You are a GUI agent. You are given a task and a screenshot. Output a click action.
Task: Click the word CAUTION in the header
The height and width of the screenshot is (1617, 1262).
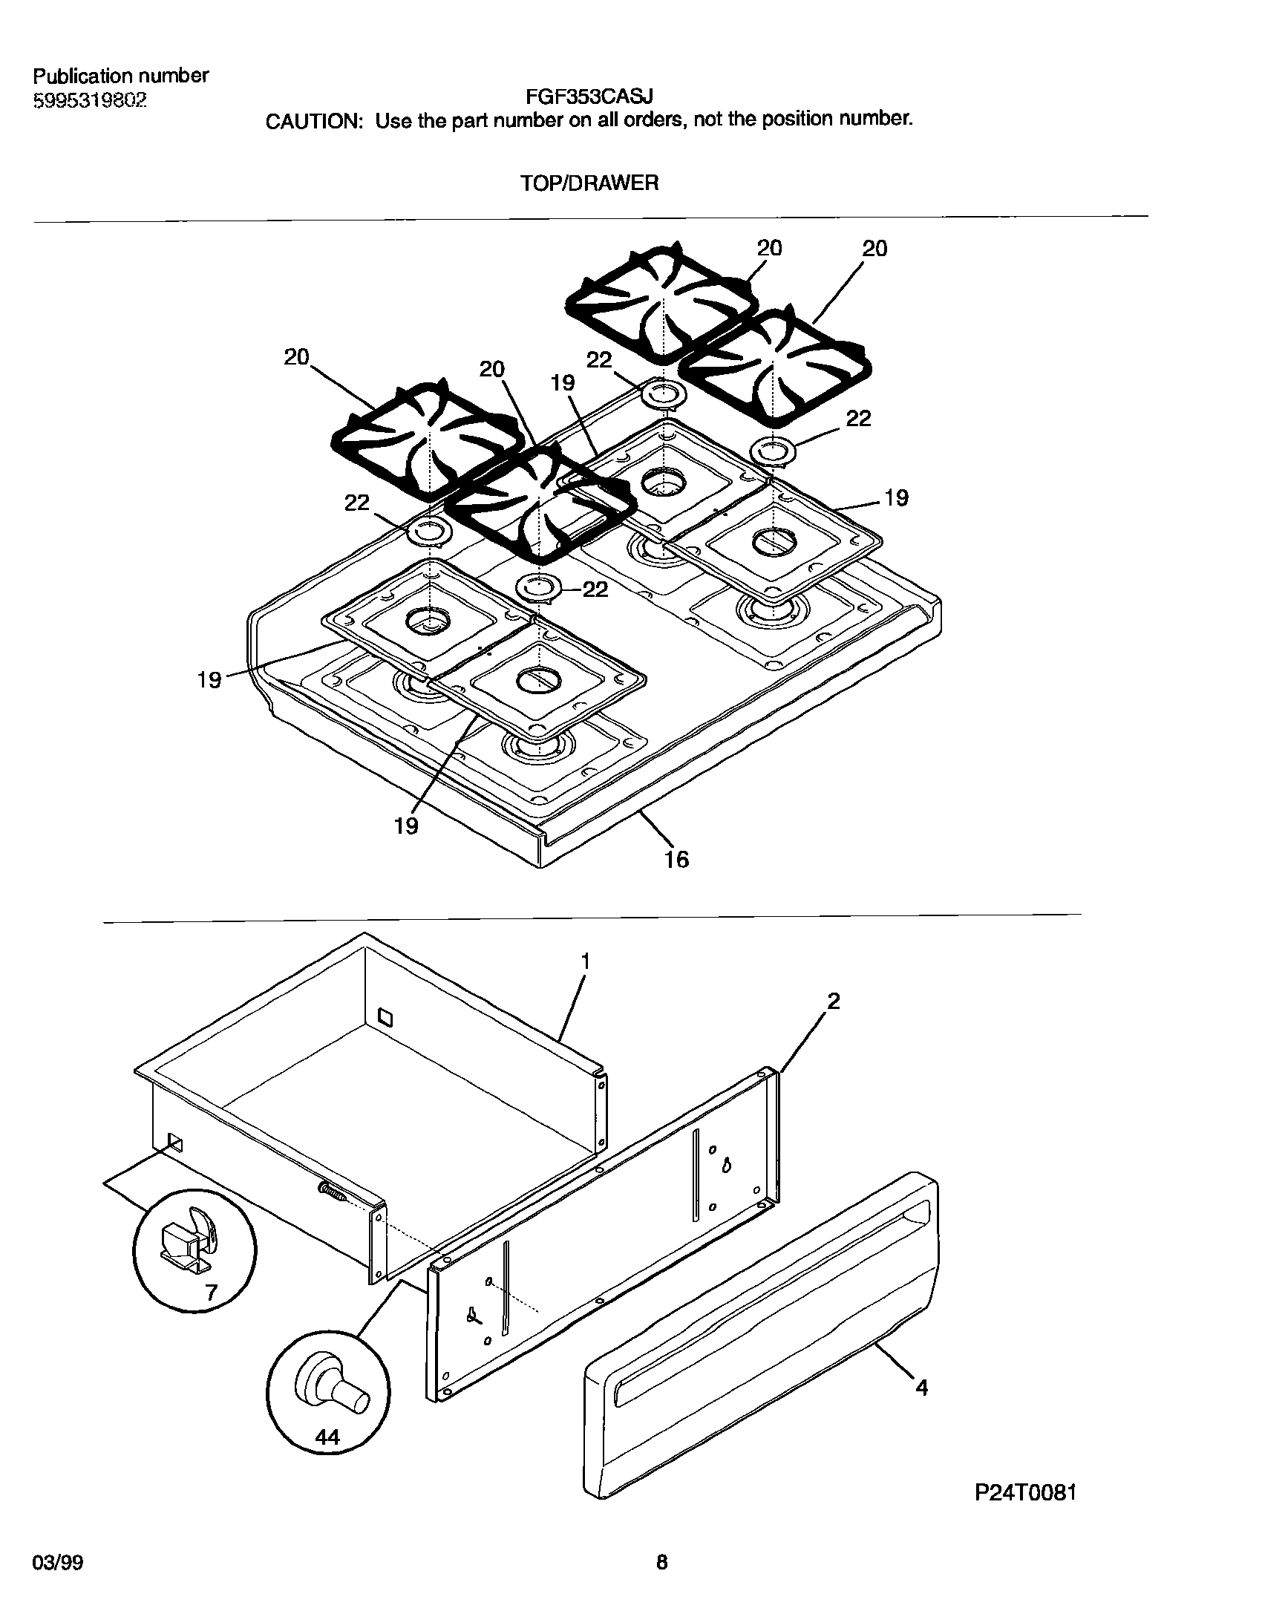click(313, 121)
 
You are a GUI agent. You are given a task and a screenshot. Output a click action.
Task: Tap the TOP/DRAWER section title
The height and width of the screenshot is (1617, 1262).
click(589, 183)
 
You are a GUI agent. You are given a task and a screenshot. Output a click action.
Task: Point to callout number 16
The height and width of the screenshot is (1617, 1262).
click(676, 860)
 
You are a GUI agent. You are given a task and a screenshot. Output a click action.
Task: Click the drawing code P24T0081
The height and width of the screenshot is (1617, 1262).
click(1025, 1492)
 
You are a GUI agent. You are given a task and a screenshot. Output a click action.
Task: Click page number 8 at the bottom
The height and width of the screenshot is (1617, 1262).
click(661, 1564)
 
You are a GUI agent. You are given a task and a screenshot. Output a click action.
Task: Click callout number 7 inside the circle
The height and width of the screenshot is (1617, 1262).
click(211, 1293)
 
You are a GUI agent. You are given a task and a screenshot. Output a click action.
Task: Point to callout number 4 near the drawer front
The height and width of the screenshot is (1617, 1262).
click(921, 1387)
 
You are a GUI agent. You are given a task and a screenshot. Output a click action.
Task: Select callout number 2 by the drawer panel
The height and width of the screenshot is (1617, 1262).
click(833, 1001)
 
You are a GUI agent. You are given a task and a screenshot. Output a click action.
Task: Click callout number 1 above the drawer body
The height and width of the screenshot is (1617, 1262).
click(585, 961)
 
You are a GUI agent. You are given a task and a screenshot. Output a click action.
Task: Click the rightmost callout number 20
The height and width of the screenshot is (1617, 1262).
click(874, 249)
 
